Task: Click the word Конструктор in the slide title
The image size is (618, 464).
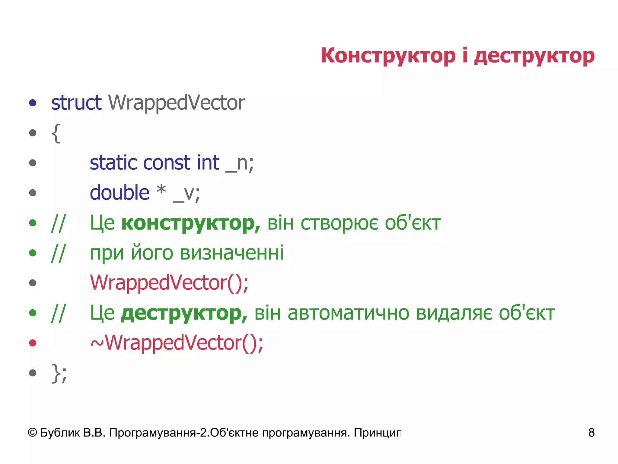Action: coord(388,56)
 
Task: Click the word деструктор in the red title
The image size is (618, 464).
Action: coord(534,56)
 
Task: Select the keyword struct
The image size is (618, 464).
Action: coord(76,103)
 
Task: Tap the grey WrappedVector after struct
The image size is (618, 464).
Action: coord(176,103)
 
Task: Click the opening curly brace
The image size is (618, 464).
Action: coord(56,133)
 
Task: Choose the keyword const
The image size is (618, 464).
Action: coord(167,163)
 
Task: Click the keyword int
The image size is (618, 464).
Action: coord(208,163)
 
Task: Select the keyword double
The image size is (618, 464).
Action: coord(119,193)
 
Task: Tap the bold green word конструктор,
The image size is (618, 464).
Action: coord(191,223)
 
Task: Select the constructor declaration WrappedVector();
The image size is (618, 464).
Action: coord(169,283)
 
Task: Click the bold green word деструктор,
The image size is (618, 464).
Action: coord(184,313)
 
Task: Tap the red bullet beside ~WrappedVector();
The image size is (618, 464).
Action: coord(33,343)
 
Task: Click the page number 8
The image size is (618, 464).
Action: coord(591,433)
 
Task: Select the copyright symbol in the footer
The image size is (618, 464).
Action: coord(32,433)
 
